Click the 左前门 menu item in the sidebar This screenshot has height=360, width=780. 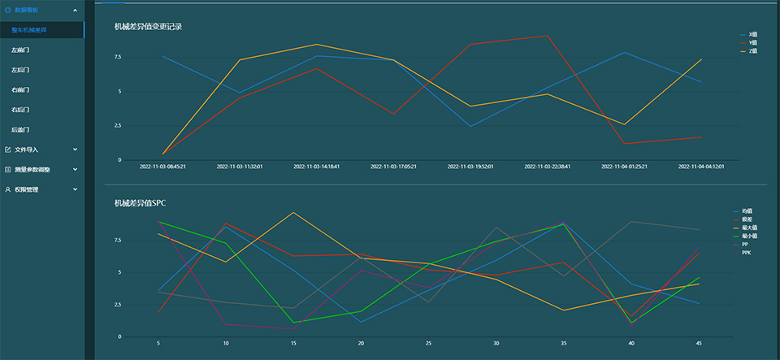point(20,50)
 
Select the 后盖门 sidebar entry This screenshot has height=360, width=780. point(20,129)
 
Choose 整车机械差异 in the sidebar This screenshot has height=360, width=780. point(29,30)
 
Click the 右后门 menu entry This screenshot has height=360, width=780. point(20,110)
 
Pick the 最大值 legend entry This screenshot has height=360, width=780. point(747,228)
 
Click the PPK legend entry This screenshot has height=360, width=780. point(747,252)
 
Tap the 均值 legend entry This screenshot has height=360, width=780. point(746,211)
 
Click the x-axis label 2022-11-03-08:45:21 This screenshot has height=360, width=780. point(162,167)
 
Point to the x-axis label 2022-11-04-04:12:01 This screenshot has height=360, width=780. point(701,167)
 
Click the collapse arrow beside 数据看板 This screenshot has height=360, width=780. point(75,11)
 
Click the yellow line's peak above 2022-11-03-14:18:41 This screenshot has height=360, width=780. point(317,44)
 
